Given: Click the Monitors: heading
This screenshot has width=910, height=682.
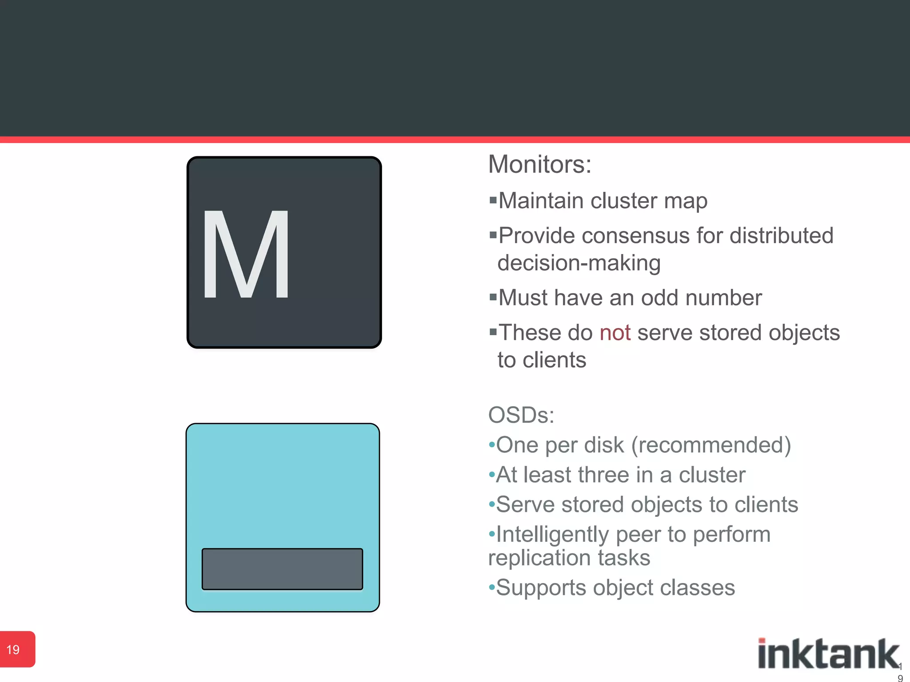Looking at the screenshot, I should [539, 165].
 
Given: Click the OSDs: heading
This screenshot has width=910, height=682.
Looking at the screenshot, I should [521, 416].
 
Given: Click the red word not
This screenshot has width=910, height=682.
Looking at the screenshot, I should [615, 333].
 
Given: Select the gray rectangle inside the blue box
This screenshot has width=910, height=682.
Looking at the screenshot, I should [282, 569].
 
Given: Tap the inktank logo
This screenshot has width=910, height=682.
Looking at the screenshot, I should [828, 654].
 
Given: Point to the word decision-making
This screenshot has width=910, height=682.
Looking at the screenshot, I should [579, 263].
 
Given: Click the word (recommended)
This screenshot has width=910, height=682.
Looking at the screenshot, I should [711, 445].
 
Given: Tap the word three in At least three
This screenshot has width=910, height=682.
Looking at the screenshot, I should [603, 475].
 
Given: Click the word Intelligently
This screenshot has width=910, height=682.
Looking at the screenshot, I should [552, 535].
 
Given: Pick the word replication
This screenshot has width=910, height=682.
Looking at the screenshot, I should [539, 558].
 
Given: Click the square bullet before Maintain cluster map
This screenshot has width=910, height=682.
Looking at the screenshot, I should [492, 200].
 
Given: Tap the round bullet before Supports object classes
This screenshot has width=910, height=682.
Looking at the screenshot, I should [491, 588].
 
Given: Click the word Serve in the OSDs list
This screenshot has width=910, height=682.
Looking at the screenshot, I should [525, 505].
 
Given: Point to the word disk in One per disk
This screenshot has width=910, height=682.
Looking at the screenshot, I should [604, 445].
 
